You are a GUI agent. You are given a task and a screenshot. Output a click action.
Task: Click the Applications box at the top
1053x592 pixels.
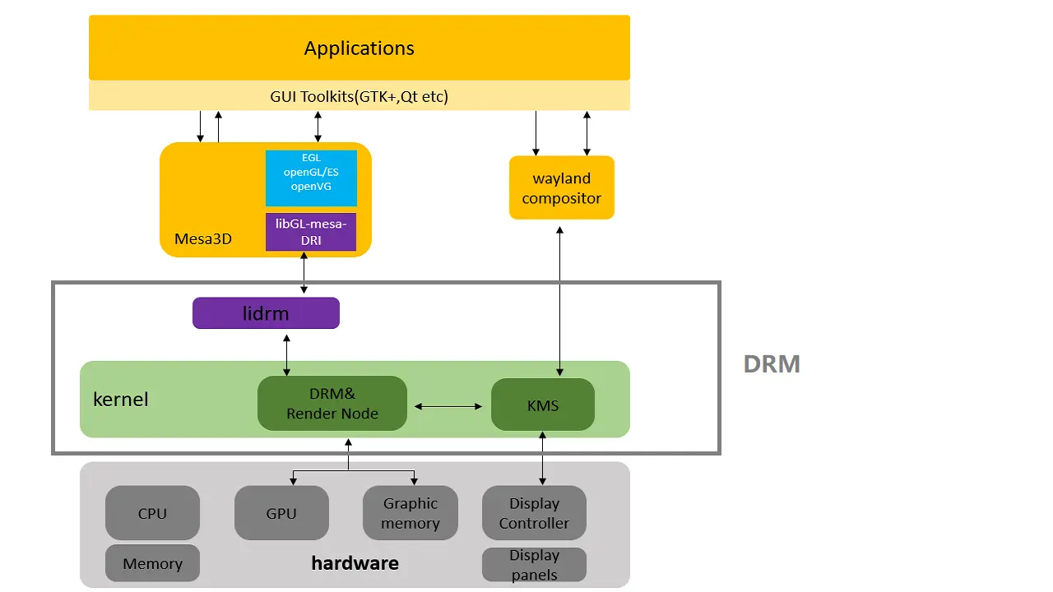tap(359, 48)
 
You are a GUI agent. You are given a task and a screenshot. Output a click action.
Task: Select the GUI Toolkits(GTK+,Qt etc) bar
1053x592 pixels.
tap(359, 96)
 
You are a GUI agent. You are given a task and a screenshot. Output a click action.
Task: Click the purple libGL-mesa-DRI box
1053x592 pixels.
tap(311, 232)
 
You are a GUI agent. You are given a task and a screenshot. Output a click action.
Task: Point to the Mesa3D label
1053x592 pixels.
tap(203, 239)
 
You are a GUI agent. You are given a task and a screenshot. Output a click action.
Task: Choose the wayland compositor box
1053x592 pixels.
tap(561, 188)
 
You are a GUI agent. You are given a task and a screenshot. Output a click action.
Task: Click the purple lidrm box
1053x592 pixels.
tap(266, 313)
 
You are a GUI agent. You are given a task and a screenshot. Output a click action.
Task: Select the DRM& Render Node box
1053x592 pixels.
tap(332, 404)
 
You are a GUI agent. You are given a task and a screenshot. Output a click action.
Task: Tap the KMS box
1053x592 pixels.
tap(543, 405)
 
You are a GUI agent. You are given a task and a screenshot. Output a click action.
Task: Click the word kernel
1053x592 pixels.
tap(121, 400)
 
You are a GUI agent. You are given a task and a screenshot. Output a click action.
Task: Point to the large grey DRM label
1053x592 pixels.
tap(771, 364)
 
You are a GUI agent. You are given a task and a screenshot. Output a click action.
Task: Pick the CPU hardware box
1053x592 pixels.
tap(152, 513)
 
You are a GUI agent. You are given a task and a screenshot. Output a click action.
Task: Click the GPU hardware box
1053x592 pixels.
tap(281, 513)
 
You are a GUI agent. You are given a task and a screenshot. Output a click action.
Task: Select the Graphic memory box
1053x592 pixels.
tap(411, 513)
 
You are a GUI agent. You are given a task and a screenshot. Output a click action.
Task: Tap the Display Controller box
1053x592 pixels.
tap(534, 513)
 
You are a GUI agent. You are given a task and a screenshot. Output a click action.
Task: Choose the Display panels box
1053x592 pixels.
tap(534, 565)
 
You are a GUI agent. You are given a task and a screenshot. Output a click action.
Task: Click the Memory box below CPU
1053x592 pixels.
tap(152, 563)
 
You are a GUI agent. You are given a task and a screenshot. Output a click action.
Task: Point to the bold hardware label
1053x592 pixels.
tap(355, 563)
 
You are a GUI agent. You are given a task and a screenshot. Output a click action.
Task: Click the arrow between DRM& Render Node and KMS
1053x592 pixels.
tap(448, 406)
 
